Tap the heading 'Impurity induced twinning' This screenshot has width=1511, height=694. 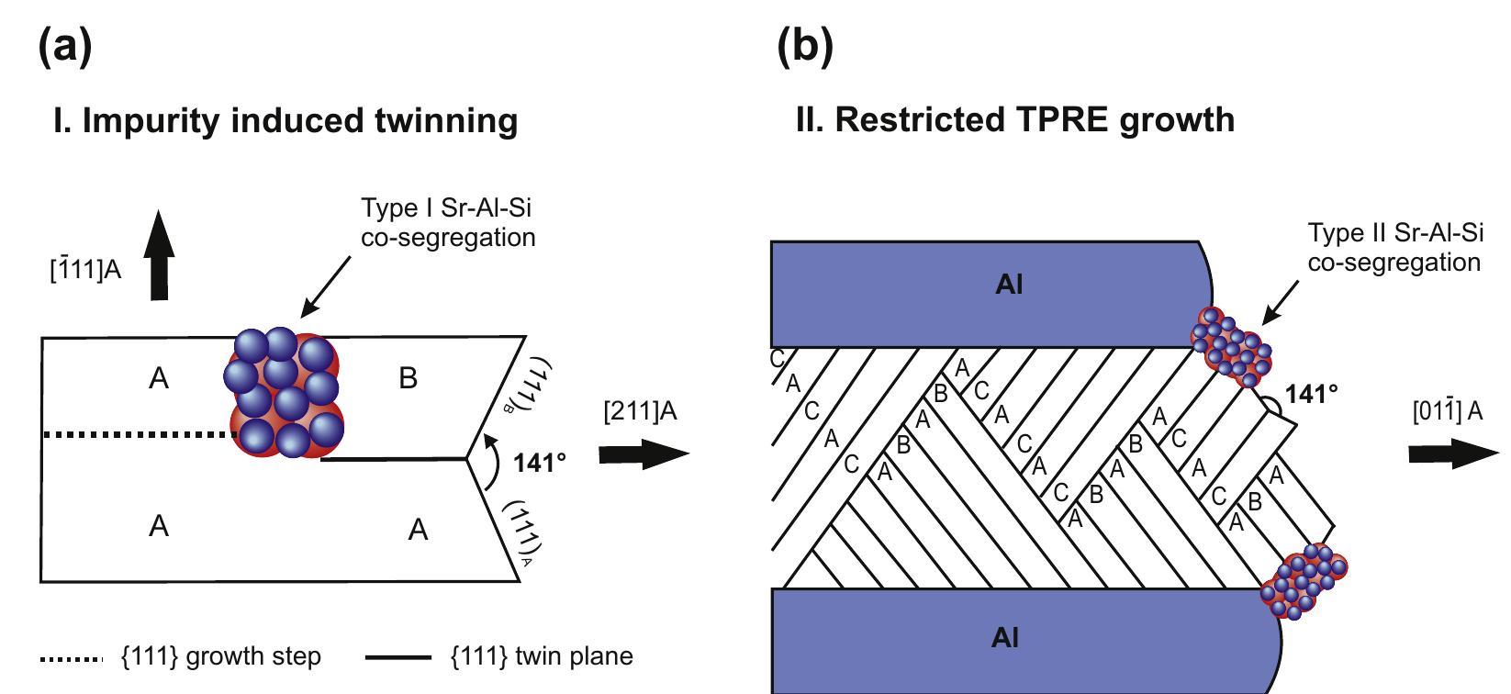(x=286, y=121)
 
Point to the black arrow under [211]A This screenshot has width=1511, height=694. (x=644, y=453)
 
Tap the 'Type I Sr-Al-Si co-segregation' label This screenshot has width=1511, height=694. (x=448, y=223)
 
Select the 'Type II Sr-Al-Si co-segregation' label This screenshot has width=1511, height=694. (x=1394, y=248)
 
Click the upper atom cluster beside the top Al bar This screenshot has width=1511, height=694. (x=1231, y=346)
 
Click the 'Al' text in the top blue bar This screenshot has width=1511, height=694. (x=1009, y=285)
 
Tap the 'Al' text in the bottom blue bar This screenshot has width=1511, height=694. (x=1005, y=638)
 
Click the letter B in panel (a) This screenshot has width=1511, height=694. (x=409, y=377)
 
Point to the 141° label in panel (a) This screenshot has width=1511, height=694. (x=540, y=462)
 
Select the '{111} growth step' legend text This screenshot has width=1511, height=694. (x=220, y=657)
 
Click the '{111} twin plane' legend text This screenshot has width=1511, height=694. (x=542, y=657)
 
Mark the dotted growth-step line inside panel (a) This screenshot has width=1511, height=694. (x=138, y=435)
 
